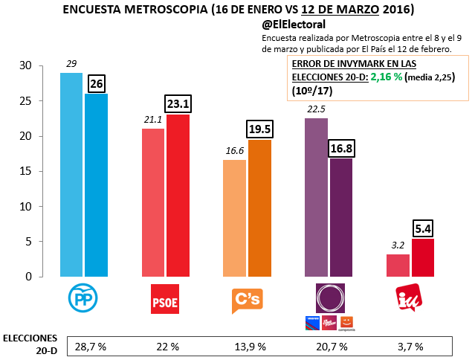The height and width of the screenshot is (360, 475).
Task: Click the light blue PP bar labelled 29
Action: pos(71,175)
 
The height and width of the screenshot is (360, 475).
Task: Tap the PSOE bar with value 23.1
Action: pos(178,195)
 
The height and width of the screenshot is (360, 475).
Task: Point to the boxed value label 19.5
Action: pos(260,129)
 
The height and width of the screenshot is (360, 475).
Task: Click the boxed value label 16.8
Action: pos(340,148)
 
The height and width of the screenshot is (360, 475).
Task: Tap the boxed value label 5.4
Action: pos(422,228)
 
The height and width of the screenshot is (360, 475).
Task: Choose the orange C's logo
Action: pos(248,299)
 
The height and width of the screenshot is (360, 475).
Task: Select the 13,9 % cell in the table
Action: pos(248,346)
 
